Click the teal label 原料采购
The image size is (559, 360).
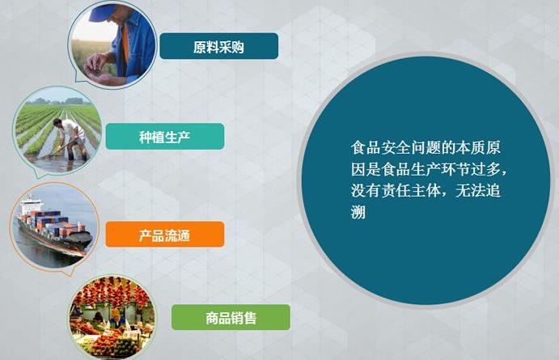pos(218,47)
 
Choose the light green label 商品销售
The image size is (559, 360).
pos(231,317)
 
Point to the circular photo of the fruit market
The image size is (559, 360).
pos(112,318)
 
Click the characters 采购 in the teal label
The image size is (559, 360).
pos(231,47)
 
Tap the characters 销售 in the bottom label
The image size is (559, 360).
pos(244,317)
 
